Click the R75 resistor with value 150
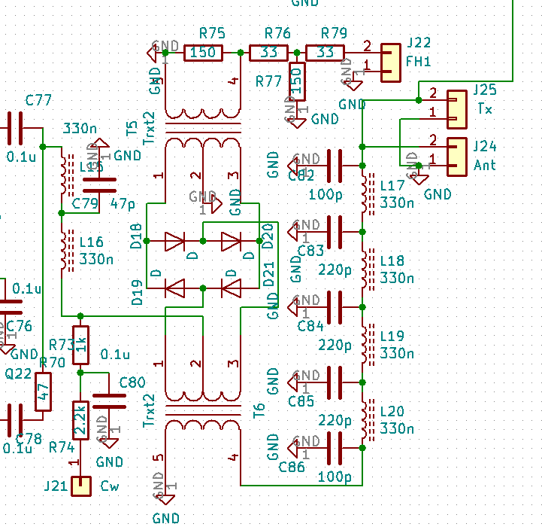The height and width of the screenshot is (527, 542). tap(203, 53)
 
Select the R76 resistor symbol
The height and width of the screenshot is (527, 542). tap(268, 53)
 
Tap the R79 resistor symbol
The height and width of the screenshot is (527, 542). tap(325, 53)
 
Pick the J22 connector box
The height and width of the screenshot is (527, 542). tap(390, 62)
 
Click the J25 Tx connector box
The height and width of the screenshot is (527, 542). tap(457, 109)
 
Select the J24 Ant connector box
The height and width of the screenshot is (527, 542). tap(457, 157)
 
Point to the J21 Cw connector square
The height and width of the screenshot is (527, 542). tap(80, 486)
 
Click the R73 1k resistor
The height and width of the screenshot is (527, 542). tap(80, 345)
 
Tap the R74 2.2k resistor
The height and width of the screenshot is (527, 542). tap(80, 420)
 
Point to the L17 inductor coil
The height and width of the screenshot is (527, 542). tap(366, 193)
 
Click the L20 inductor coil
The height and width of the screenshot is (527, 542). tap(366, 419)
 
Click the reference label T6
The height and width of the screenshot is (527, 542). tap(259, 410)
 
